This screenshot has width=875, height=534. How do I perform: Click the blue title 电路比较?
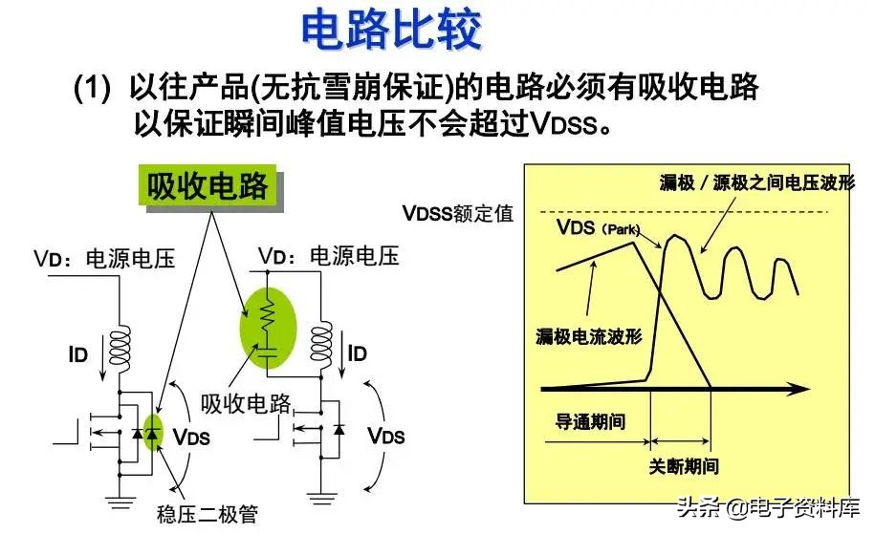pos(390,29)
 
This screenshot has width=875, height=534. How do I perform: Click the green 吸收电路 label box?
pos(208,185)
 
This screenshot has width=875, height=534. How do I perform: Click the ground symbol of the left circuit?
pos(120,502)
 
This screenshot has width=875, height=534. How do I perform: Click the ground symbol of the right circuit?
pos(321,497)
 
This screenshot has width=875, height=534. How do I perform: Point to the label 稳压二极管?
pos(208,513)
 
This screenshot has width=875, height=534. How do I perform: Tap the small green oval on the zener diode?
pos(152,433)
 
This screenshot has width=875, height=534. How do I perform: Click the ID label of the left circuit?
pos(78,354)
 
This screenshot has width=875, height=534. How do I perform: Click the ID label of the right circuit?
pos(357,353)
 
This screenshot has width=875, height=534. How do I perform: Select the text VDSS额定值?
pos(458,213)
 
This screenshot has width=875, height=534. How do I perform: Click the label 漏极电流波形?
pos(588,336)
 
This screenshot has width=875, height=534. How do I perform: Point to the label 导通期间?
pos(590,421)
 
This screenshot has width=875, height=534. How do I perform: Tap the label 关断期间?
pos(684,466)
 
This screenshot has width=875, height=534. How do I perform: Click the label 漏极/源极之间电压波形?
pos(756,182)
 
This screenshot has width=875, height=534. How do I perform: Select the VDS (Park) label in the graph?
pos(598,227)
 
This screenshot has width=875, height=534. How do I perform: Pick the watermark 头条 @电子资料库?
pos(769,507)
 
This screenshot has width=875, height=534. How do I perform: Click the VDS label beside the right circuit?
pos(386,436)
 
